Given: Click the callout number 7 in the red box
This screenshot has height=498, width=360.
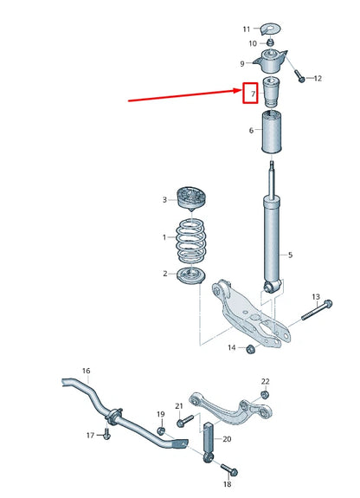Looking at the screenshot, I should click(x=252, y=93).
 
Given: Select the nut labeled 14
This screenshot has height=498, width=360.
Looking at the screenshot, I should click(x=249, y=348).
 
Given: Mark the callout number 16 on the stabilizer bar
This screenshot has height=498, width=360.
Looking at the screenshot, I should click(x=86, y=371).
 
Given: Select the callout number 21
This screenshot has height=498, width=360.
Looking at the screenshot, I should click(x=178, y=406).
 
